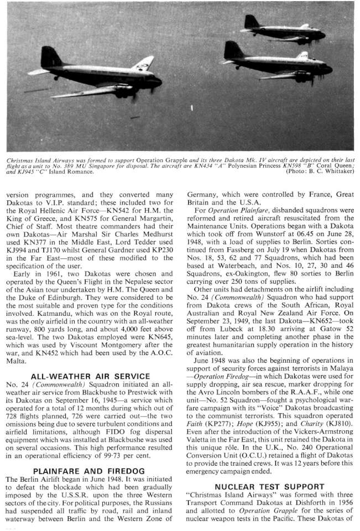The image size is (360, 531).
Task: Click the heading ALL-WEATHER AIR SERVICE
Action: tap(91, 376)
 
